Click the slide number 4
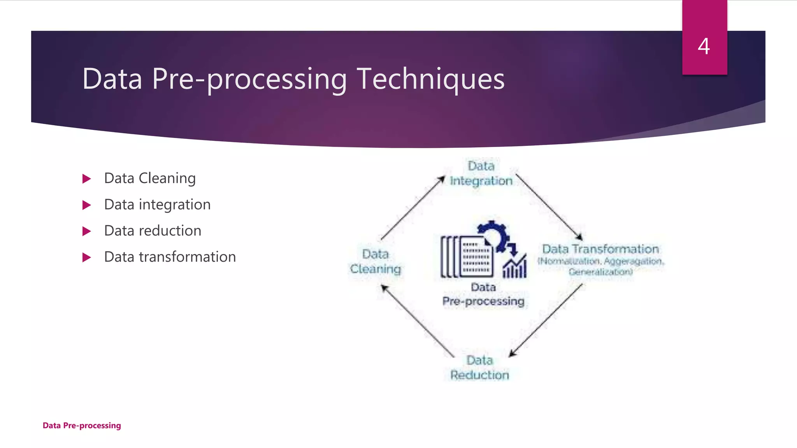pyautogui.click(x=704, y=46)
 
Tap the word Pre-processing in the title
pyautogui.click(x=249, y=79)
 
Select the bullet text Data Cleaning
pyautogui.click(x=150, y=178)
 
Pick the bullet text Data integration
pyautogui.click(x=157, y=205)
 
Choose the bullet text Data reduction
pyautogui.click(x=153, y=231)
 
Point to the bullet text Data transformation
pyautogui.click(x=170, y=257)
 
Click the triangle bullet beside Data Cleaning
pyautogui.click(x=86, y=179)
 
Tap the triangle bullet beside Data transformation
pyautogui.click(x=86, y=257)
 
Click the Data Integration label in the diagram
pyautogui.click(x=481, y=173)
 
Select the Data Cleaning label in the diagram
pyautogui.click(x=375, y=261)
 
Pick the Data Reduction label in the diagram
pyautogui.click(x=479, y=367)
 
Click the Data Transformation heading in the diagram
pyautogui.click(x=600, y=249)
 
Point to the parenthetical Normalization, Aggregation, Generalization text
pyautogui.click(x=600, y=266)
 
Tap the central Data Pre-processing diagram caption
pyautogui.click(x=483, y=294)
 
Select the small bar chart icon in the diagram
pyautogui.click(x=514, y=268)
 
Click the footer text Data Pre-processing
pyautogui.click(x=82, y=425)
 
